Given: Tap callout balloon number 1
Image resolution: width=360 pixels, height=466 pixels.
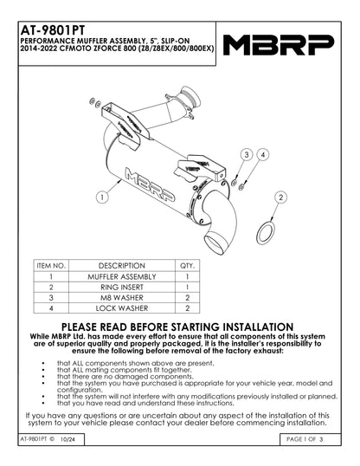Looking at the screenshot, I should (x=103, y=197).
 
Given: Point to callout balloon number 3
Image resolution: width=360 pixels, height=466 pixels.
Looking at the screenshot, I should (x=246, y=154).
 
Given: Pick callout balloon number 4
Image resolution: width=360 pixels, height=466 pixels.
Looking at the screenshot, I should (x=263, y=154).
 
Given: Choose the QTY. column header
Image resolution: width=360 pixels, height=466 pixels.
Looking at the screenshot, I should (x=187, y=265).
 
